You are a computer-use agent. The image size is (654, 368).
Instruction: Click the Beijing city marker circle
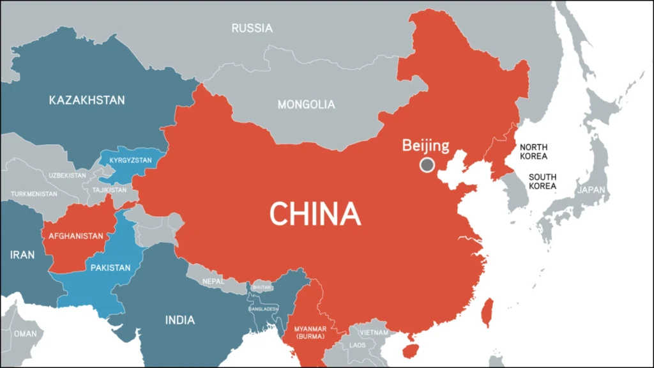427,165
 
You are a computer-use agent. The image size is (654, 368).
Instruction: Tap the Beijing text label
425,145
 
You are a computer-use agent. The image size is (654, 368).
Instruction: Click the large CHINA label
315,213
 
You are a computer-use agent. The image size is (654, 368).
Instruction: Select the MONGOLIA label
306,104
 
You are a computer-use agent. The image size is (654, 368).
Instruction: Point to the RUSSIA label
252,28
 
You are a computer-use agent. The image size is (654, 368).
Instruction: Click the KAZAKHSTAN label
87,100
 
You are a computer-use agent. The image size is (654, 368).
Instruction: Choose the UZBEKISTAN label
67,175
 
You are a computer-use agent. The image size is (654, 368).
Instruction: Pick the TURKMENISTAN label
34,194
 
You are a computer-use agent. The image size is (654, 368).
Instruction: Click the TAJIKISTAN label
110,190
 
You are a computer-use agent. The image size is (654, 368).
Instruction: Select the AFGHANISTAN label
75,236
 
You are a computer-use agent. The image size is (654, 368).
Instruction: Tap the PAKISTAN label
110,268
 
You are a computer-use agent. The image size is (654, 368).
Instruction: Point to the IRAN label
22,255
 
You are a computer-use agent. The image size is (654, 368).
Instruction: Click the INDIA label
179,320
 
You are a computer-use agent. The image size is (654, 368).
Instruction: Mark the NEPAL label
213,281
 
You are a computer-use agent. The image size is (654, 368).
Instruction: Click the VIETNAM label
373,332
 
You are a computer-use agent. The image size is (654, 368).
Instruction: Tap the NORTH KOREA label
533,151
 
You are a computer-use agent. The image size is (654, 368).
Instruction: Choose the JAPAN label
591,190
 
